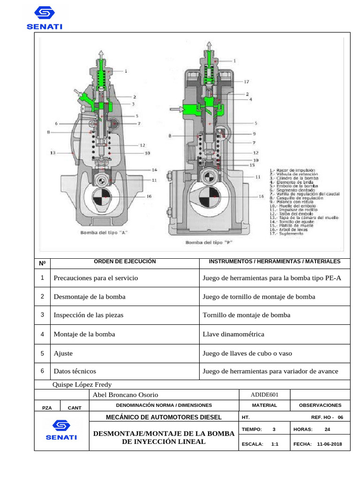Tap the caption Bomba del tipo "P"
209,242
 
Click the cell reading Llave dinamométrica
233,334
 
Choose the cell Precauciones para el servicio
96,278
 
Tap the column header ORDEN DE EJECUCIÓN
125,262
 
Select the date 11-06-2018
330,443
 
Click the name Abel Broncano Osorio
126,395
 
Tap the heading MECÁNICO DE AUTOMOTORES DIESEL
164,417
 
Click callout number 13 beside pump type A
53,153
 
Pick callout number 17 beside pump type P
246,82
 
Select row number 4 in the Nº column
42,334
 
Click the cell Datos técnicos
75,371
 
